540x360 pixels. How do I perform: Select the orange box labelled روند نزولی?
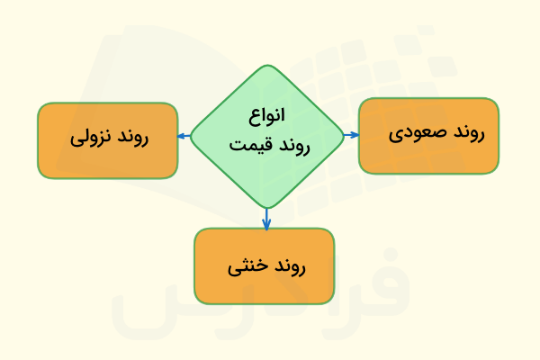(107, 139)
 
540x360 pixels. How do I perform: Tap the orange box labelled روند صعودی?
(428, 135)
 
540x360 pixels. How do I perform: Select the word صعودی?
(413, 135)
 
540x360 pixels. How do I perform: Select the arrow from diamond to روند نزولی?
(184, 137)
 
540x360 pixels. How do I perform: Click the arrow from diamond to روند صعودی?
(351, 135)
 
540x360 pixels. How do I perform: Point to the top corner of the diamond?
(266, 66)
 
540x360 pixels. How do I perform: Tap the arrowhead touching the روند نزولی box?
(181, 137)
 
